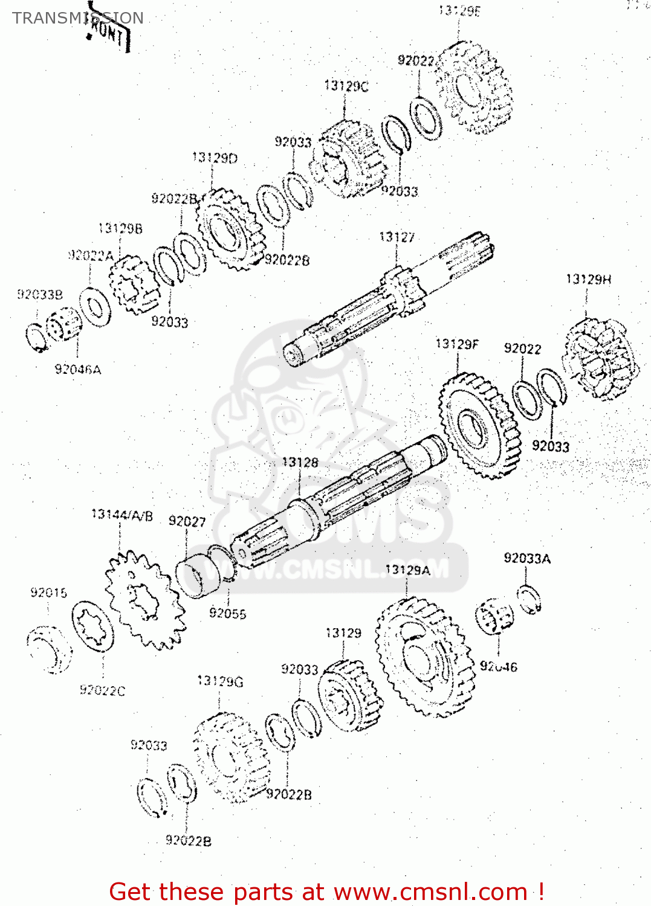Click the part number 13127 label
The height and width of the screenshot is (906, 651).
coord(397,237)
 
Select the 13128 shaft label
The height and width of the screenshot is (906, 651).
coord(300,463)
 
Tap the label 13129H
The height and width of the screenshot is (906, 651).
coord(588,279)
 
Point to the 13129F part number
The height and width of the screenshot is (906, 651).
coord(456,344)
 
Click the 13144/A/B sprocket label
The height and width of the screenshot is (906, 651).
coord(122,515)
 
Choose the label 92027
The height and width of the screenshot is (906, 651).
coord(187,521)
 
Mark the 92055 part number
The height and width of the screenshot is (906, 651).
coord(227,613)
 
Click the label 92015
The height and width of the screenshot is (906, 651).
coord(49,593)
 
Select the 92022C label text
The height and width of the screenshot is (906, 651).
coord(102,690)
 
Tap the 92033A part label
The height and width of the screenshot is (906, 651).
coord(527,559)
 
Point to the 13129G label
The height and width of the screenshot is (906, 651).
coord(220,681)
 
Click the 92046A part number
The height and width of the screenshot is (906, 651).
coord(78,369)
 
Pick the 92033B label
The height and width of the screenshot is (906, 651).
coord(40,295)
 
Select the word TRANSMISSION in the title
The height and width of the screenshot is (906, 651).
coord(78,18)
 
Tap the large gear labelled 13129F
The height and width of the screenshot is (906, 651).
coord(479,425)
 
